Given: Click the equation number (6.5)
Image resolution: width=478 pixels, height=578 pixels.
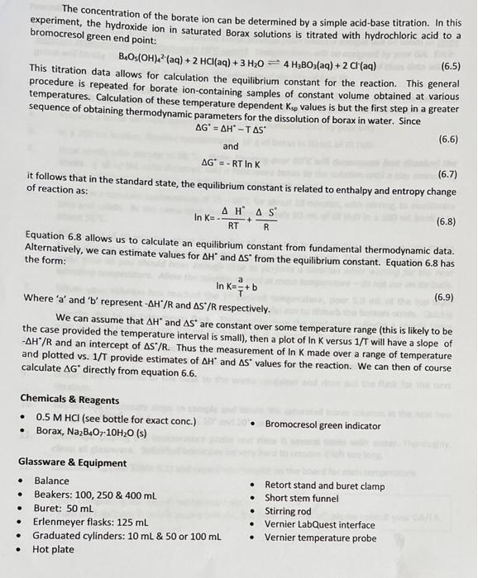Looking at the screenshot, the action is click(x=451, y=65).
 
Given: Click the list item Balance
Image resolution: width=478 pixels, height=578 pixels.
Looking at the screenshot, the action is click(x=51, y=481).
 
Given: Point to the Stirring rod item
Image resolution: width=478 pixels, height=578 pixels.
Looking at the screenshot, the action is click(x=288, y=511).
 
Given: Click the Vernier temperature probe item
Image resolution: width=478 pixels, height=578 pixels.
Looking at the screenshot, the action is click(x=322, y=538).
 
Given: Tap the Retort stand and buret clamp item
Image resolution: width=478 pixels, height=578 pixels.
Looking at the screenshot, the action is click(x=324, y=485).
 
